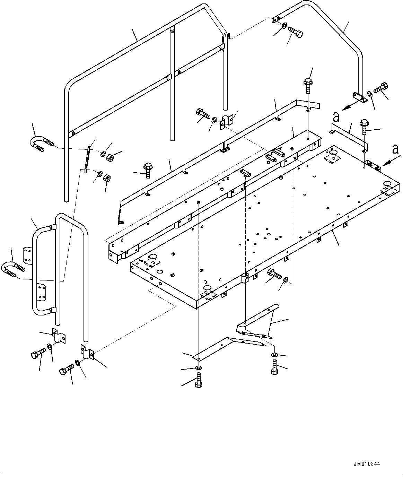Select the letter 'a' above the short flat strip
click(335, 118)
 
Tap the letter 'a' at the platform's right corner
click(395, 149)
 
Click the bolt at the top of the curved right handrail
click(295, 33)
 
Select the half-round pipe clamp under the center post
click(226, 121)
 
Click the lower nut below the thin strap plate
click(107, 179)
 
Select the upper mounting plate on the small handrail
click(27, 255)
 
